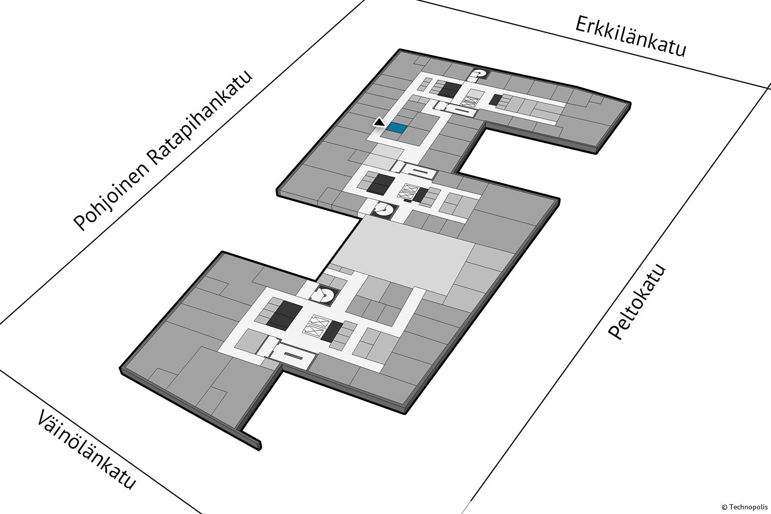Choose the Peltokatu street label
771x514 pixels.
click(x=637, y=302)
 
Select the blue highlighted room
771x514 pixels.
click(x=396, y=128)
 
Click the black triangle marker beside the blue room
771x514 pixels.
click(x=379, y=122)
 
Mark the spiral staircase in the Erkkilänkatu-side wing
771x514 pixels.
click(x=479, y=74)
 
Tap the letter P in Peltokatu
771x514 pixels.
click(x=616, y=332)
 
